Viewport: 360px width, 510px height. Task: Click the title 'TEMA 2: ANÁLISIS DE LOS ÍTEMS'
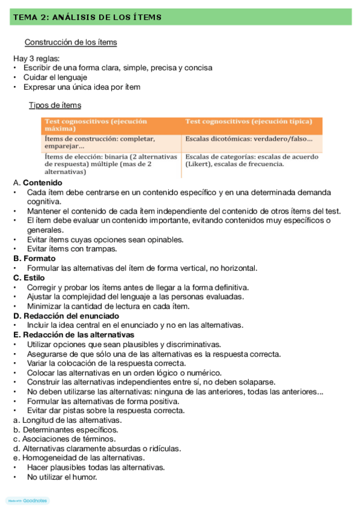tap(86, 17)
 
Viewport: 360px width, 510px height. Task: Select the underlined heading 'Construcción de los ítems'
tap(70, 43)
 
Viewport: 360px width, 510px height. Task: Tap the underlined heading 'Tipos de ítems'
tap(55, 106)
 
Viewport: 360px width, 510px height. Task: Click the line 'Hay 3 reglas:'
tap(37, 59)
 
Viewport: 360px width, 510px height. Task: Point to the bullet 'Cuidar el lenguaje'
tap(55, 78)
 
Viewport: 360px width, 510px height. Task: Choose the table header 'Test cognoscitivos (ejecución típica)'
tap(249, 121)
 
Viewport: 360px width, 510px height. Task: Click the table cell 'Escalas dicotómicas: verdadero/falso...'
tap(249, 139)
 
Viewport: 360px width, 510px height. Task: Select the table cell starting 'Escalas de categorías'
tap(251, 160)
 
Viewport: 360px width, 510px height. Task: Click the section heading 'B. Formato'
tap(35, 259)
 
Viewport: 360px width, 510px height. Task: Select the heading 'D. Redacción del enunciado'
tap(66, 316)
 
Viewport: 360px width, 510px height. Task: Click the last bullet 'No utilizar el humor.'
tap(62, 477)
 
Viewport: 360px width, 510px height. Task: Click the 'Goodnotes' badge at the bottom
tap(28, 500)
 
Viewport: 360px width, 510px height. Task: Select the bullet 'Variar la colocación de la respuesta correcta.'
tap(106, 363)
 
